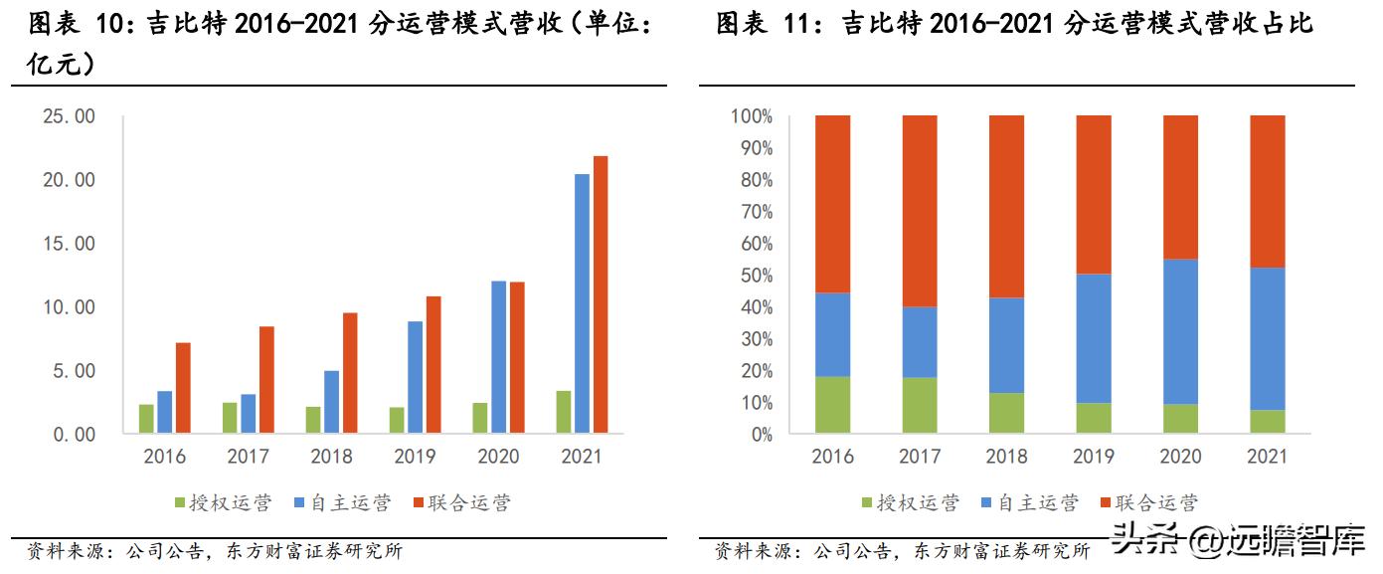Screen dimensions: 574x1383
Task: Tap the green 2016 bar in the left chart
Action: pos(146,419)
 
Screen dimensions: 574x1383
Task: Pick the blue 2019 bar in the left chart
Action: pos(415,377)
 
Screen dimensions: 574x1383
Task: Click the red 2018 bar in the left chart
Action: pos(350,373)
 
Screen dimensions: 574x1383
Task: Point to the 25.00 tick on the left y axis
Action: pos(70,116)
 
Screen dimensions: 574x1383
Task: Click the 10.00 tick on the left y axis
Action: pos(70,307)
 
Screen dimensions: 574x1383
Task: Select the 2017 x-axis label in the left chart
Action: pos(248,458)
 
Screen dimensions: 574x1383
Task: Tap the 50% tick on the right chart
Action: pos(752,276)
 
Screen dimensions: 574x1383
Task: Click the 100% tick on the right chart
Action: pos(749,116)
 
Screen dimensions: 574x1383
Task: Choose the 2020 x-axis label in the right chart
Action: pos(1180,458)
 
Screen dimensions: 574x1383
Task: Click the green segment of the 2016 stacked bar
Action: pos(832,405)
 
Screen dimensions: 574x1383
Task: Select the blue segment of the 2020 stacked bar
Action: pos(1180,331)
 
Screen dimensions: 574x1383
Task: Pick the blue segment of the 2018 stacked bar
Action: pos(1006,345)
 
